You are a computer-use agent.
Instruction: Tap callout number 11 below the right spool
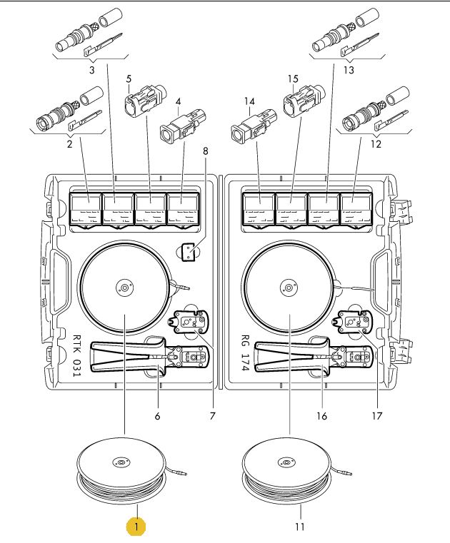300,527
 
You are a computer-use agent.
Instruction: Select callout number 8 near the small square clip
206,151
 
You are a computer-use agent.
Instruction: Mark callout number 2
70,143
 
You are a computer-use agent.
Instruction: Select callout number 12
376,143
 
